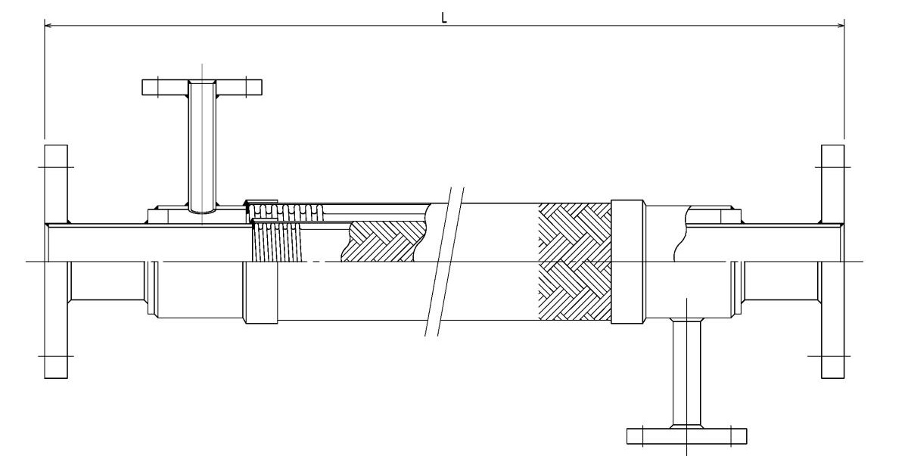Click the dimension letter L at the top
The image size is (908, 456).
tap(444, 17)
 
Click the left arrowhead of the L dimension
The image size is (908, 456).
tap(48, 26)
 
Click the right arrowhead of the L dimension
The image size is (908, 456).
tap(841, 26)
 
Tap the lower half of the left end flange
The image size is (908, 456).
tap(56, 320)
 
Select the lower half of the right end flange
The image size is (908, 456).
tap(833, 320)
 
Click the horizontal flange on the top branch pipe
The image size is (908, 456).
tap(202, 88)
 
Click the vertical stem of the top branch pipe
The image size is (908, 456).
tap(202, 147)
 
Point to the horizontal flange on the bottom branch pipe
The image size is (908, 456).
tap(687, 436)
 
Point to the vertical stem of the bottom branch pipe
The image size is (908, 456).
tap(687, 373)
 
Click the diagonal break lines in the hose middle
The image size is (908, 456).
tap(444, 262)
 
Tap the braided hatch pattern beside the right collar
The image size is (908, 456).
tap(574, 262)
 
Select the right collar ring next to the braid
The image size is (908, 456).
tap(627, 262)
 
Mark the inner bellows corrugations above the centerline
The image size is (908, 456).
tap(277, 242)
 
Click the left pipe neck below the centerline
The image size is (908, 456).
tap(107, 281)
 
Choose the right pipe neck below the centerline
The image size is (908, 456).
tap(782, 281)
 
